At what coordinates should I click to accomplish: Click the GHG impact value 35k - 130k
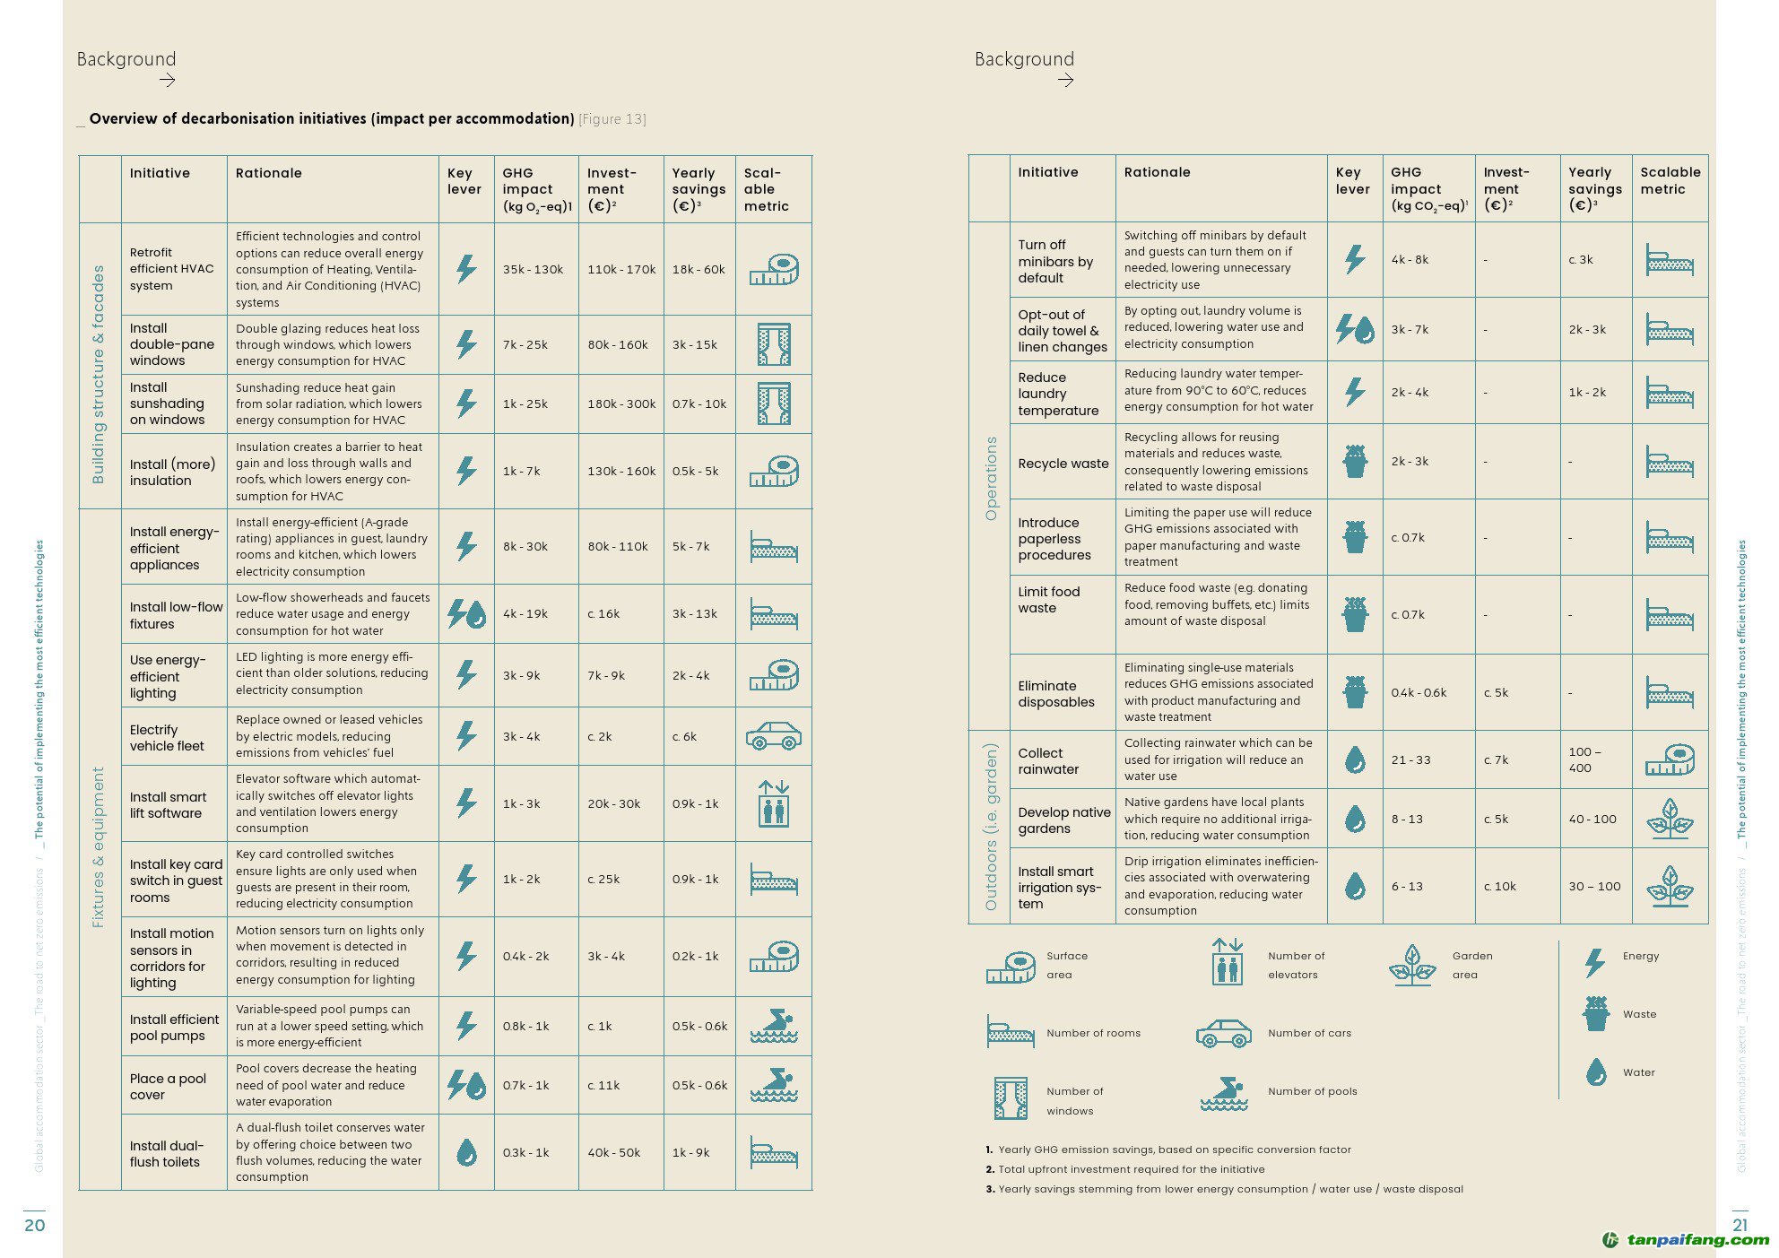pos(533,269)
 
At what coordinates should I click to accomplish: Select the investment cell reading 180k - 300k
pos(621,403)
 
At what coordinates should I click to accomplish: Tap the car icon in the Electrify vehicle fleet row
pos(773,736)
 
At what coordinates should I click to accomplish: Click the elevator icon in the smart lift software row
pos(773,803)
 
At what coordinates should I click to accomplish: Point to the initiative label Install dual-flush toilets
pos(167,1153)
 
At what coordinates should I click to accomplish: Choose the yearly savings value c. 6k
pos(684,736)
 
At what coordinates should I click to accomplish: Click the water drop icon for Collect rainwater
pos(1355,759)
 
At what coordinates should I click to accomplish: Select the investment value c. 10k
pos(1499,886)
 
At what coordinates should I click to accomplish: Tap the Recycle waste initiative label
pos(1063,464)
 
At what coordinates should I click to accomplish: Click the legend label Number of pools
pos(1312,1091)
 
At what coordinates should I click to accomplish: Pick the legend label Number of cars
pos(1309,1033)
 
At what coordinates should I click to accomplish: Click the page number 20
pos(34,1225)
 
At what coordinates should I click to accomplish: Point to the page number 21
pos(1740,1225)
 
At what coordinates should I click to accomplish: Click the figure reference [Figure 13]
pos(612,119)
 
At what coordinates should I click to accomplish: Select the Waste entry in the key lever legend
pos(1639,1014)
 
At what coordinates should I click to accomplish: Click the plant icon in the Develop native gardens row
pos(1670,819)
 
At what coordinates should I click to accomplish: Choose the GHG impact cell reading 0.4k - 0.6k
pos(1419,692)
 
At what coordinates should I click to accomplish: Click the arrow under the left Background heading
pos(167,81)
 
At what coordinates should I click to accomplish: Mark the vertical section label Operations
pos(991,478)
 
